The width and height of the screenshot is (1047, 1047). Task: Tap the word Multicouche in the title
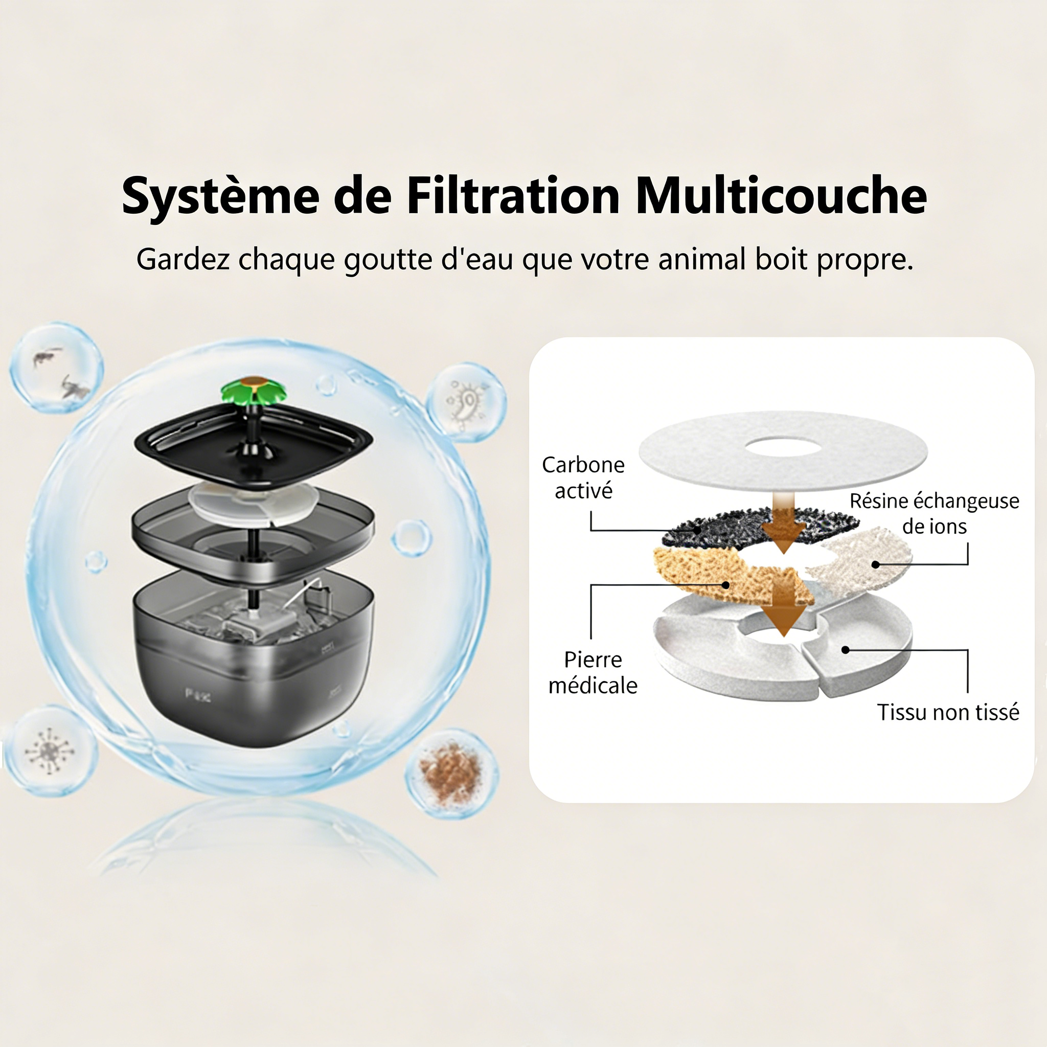(781, 196)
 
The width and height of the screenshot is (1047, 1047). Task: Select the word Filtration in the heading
(513, 196)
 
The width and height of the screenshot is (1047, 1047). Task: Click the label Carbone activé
(583, 477)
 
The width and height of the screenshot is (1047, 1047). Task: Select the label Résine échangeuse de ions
(935, 513)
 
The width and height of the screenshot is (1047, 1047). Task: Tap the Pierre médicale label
(593, 673)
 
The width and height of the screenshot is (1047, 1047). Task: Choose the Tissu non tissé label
(948, 712)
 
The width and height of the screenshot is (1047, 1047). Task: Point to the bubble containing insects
(56, 368)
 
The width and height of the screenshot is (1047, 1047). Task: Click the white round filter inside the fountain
(253, 504)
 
